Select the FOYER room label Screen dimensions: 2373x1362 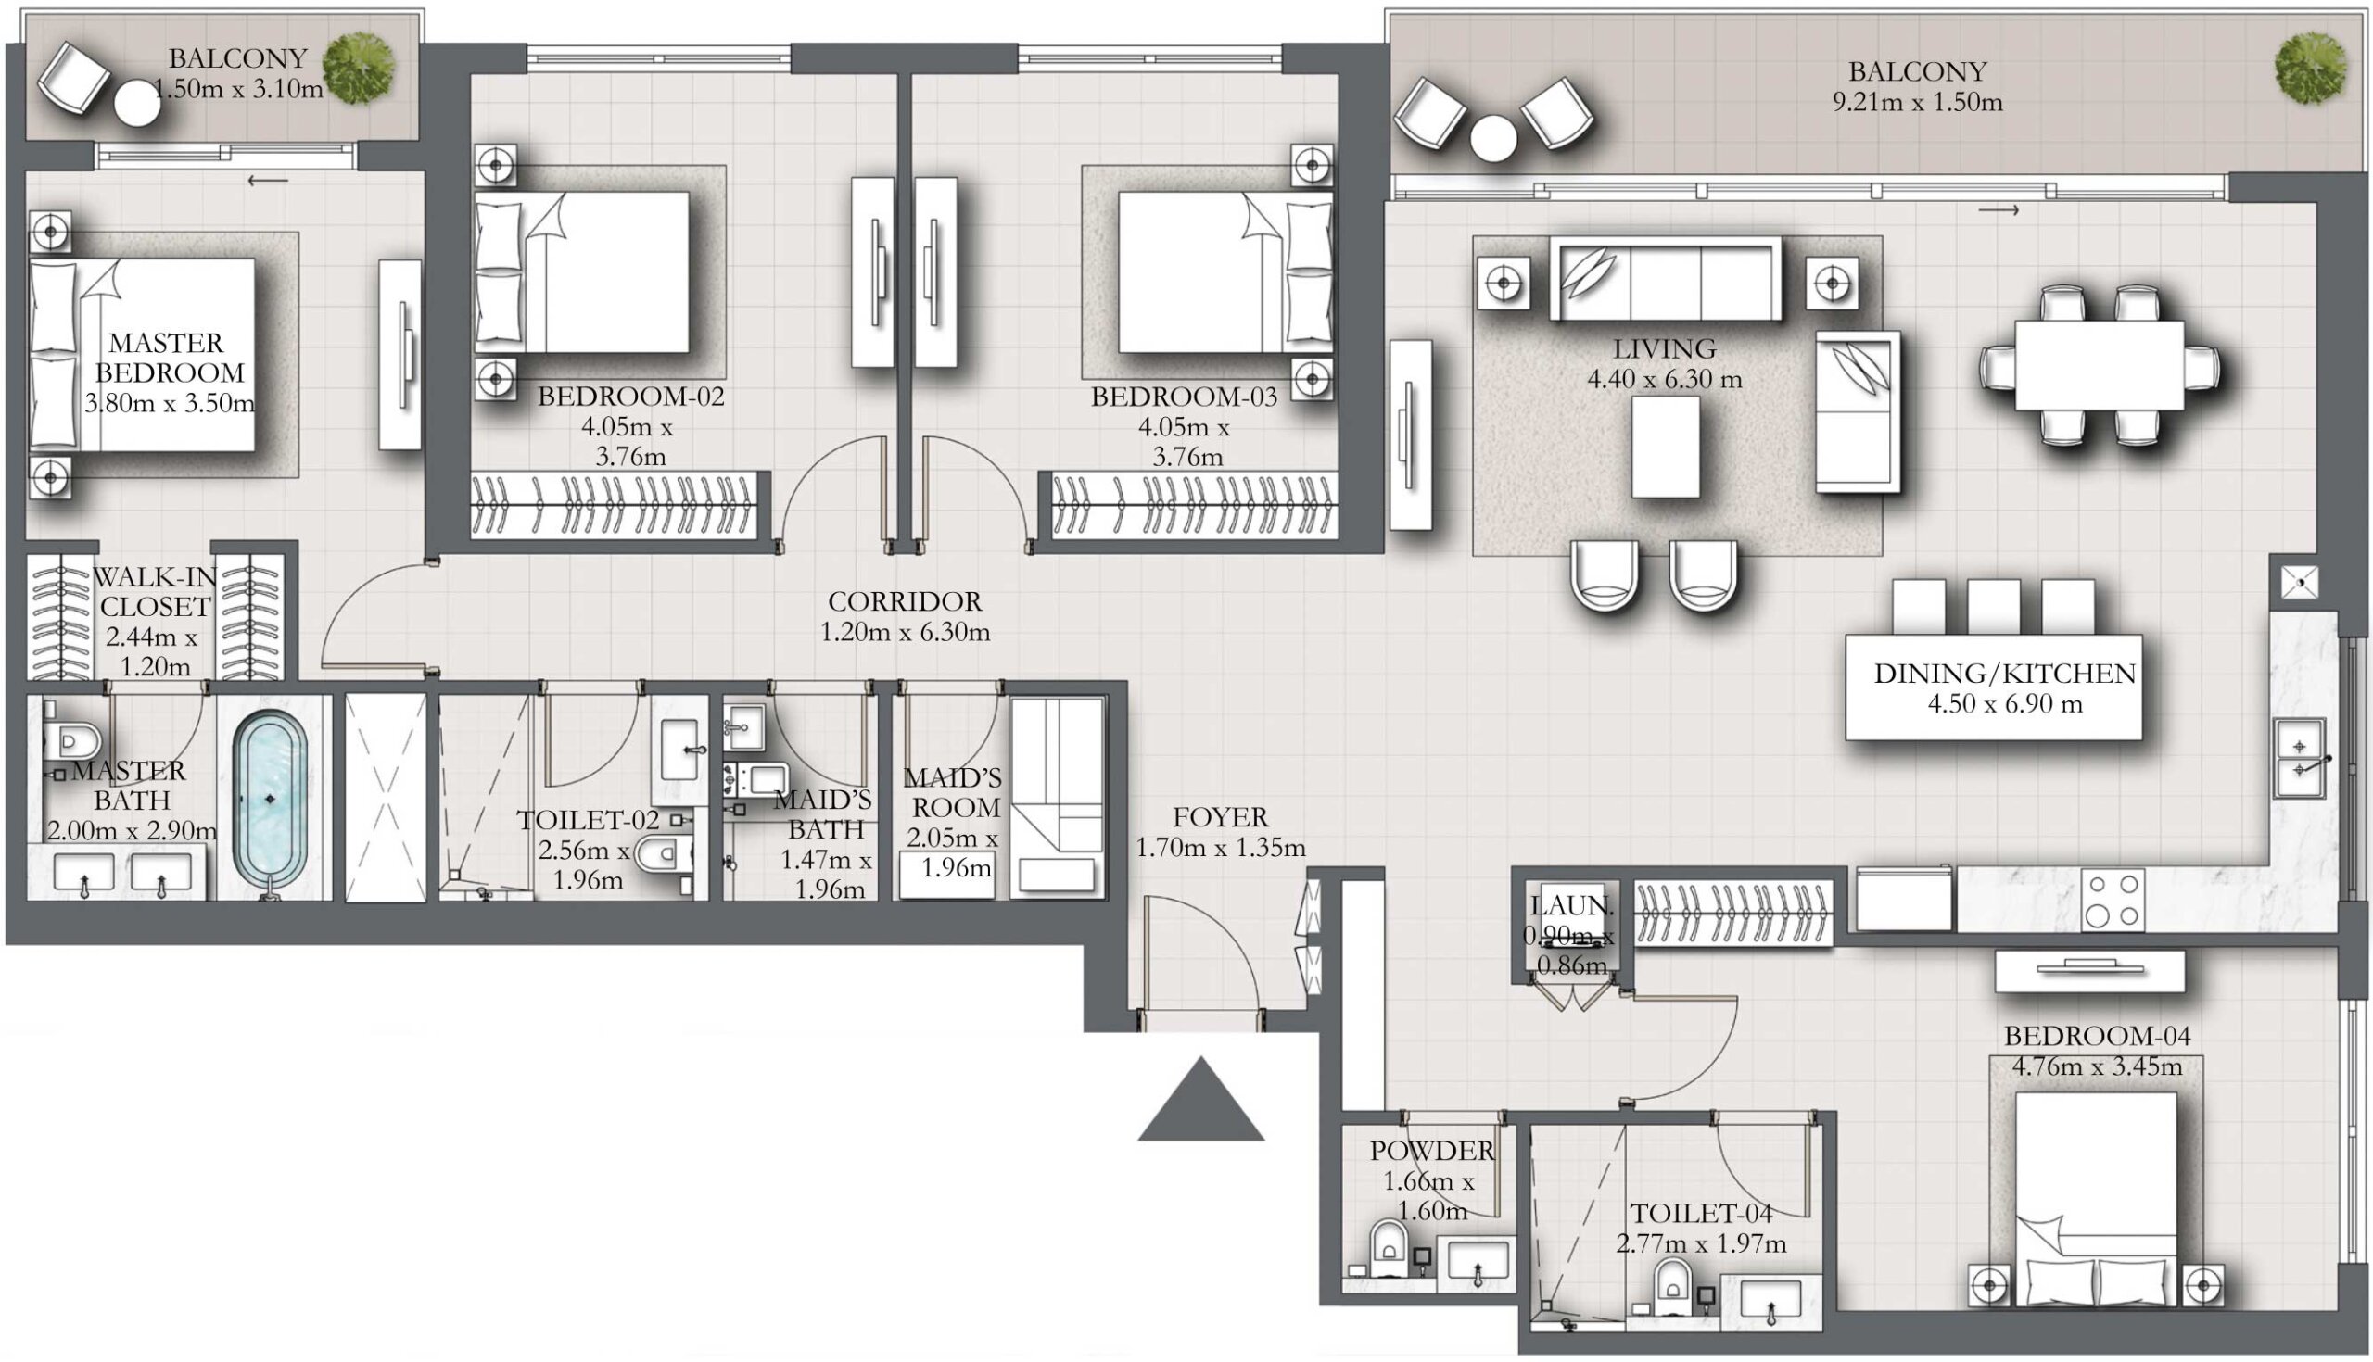point(1220,816)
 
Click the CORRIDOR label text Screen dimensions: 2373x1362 point(905,601)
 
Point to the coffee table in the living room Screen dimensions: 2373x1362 point(1666,448)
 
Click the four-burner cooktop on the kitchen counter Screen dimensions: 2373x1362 point(2113,900)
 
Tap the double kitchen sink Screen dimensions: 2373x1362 point(2301,758)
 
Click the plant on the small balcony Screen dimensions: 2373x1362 point(359,68)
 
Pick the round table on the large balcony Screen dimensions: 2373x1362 point(1492,138)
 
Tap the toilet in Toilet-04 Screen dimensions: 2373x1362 point(1672,1288)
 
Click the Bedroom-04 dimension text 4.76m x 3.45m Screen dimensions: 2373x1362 point(2097,1066)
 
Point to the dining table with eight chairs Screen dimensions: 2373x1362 point(2099,366)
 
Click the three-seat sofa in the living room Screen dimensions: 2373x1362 point(1666,279)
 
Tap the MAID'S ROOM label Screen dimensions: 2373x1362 point(953,792)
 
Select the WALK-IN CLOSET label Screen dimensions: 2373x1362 point(155,591)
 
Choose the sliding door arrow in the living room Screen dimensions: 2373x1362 point(1999,210)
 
